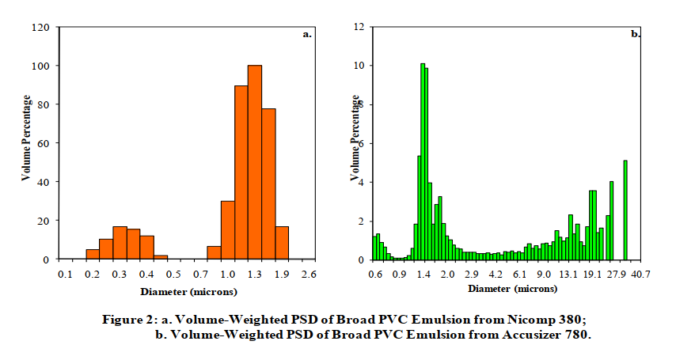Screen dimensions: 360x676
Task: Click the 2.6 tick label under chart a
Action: (308, 274)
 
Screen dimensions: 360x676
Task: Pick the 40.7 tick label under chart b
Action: (640, 274)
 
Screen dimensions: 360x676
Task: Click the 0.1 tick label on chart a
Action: (65, 274)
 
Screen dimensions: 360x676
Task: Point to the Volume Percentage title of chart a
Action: (26, 138)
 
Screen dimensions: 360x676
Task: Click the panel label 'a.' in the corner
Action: (308, 35)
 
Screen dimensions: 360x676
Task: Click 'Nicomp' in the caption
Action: (530, 320)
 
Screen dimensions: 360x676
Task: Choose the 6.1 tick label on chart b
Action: (520, 274)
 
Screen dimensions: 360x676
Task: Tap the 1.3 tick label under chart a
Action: (254, 274)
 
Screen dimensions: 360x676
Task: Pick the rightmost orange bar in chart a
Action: (281, 243)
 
